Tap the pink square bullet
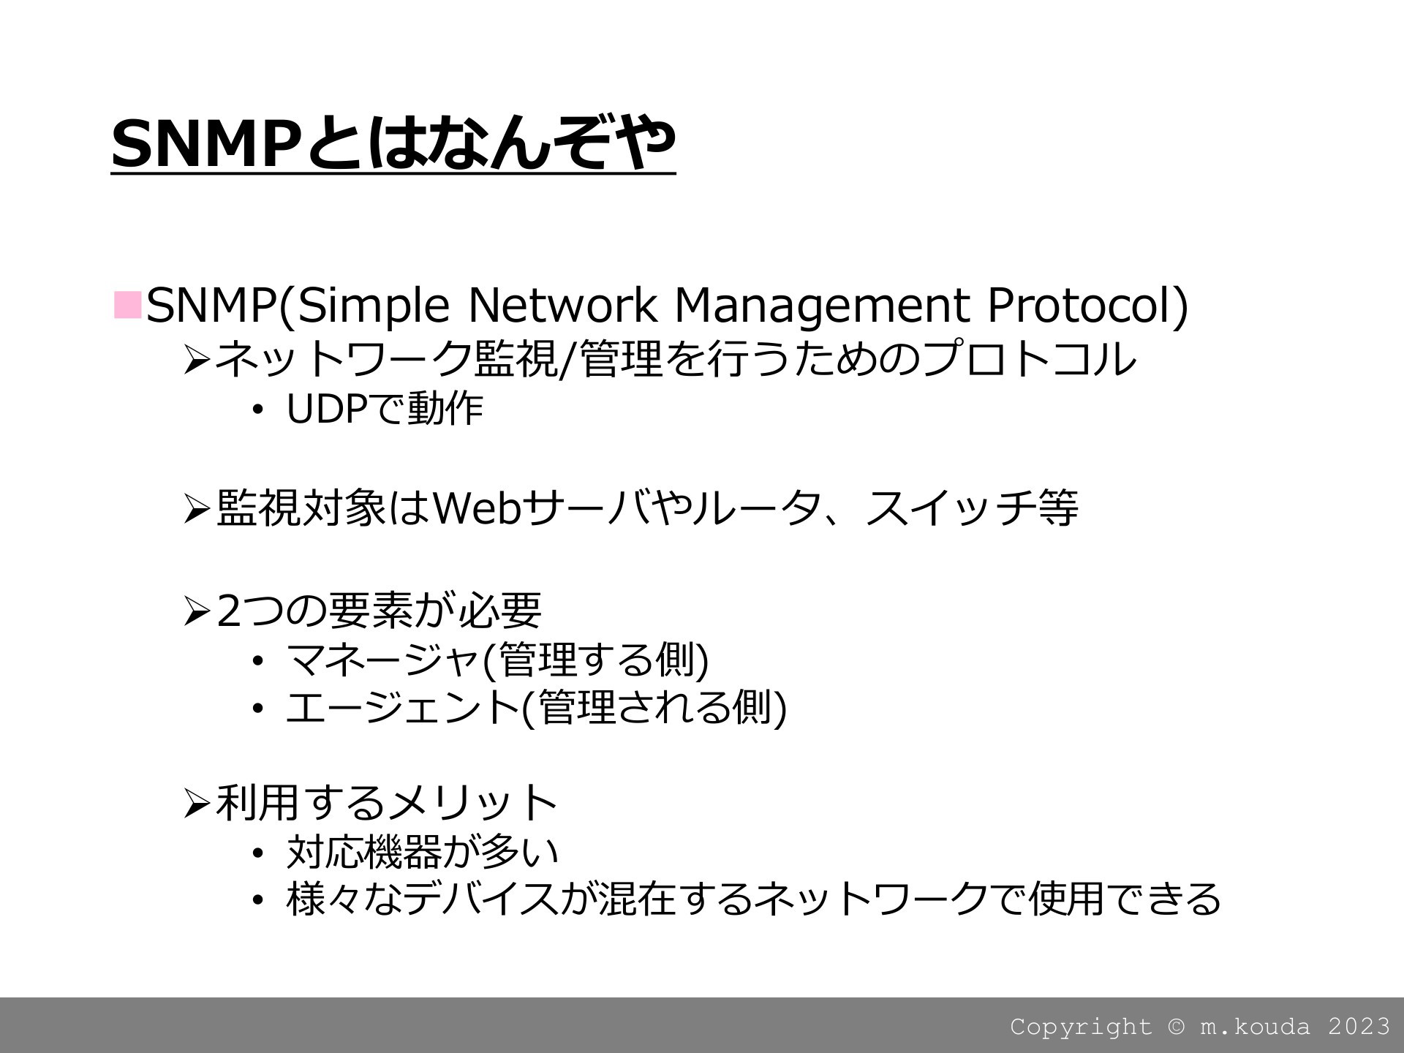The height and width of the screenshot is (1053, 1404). click(127, 305)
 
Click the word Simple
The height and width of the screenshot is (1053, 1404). click(373, 306)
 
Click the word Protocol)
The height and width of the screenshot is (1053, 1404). click(1088, 306)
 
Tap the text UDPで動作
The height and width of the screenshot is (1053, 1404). click(385, 409)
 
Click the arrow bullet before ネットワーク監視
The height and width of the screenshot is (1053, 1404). click(197, 359)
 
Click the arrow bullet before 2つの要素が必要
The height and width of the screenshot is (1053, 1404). click(197, 611)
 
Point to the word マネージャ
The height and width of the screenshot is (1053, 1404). click(383, 659)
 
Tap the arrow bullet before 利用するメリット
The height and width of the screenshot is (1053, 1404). click(197, 803)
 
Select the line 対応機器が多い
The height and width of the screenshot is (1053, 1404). click(423, 851)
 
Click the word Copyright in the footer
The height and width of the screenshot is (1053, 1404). click(1081, 1027)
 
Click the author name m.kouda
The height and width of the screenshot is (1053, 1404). click(1255, 1026)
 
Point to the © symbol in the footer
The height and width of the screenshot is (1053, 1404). click(1176, 1027)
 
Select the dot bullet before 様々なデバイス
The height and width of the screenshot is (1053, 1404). click(257, 900)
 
